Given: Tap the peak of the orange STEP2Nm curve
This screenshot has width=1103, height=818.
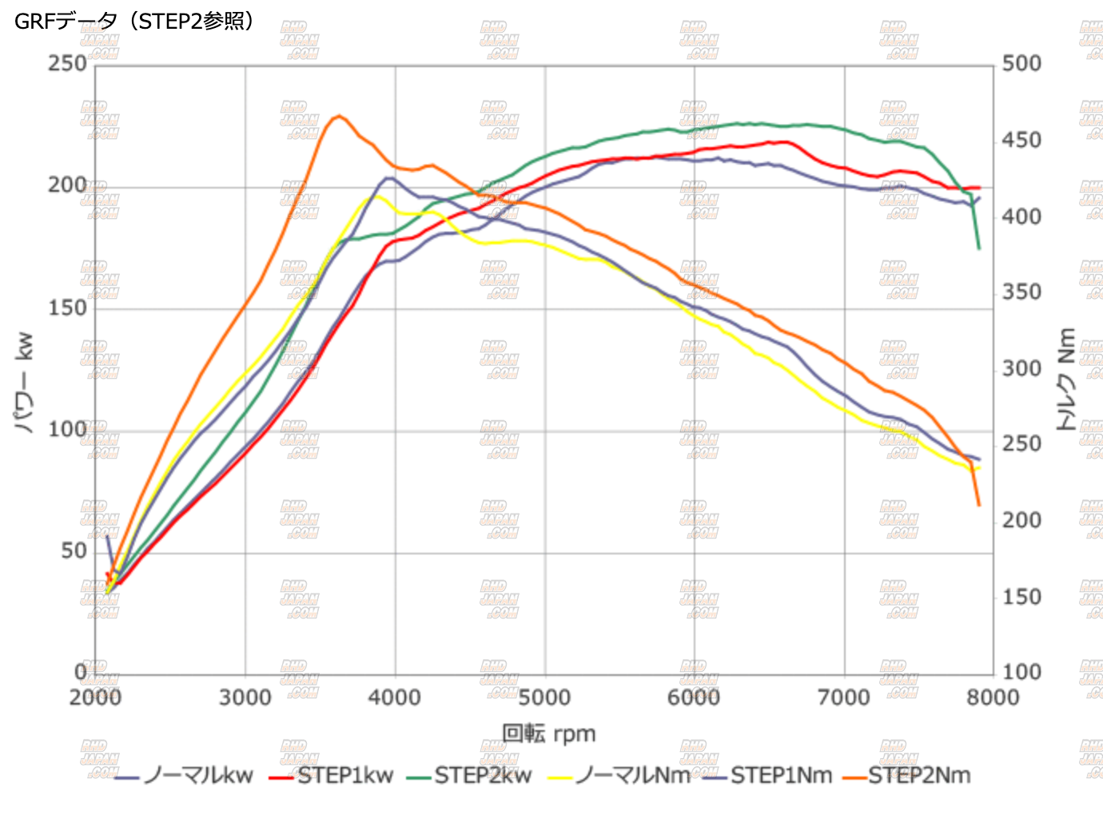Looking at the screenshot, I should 339,116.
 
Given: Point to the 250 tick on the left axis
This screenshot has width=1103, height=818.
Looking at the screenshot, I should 67,63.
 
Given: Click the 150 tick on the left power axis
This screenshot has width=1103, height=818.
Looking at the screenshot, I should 67,308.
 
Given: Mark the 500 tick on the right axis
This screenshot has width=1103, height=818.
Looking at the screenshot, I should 1021,63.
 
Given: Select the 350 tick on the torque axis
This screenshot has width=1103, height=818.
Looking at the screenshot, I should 1021,292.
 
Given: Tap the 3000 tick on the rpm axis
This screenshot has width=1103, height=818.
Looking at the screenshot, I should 245,697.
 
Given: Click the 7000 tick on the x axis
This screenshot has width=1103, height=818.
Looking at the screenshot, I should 844,697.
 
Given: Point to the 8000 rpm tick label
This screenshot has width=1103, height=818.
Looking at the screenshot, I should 993,697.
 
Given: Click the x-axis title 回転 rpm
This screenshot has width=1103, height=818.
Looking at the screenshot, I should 548,733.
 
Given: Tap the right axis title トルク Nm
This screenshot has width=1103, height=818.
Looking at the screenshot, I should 1067,379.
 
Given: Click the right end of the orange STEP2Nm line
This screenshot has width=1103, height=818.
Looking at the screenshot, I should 979,505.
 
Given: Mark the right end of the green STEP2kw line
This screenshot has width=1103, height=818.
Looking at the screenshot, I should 979,248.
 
